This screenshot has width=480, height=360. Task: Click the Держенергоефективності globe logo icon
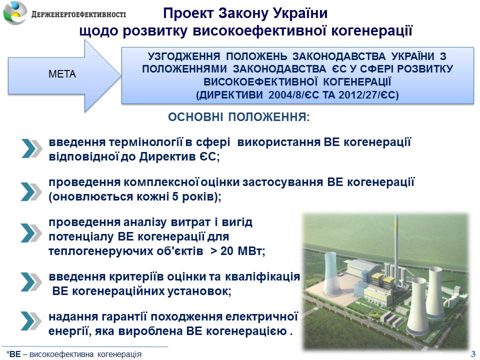pos(15,12)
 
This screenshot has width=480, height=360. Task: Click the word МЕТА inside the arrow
pos(62,74)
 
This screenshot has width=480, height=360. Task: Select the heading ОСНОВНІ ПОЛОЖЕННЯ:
pos(239,117)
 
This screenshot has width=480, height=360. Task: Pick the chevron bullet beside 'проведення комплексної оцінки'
pos(31,191)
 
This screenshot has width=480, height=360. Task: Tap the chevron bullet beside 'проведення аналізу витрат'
pos(31,233)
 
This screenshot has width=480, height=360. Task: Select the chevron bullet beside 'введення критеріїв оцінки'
pos(31,281)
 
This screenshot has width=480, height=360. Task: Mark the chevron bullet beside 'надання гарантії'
pos(31,321)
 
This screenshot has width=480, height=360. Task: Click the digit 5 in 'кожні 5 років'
pos(175,196)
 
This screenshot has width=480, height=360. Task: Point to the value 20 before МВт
pos(227,251)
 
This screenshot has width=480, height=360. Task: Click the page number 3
pos(473,353)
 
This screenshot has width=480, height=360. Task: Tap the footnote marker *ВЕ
pos(13,354)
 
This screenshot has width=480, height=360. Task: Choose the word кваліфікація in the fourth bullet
pos(262,276)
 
